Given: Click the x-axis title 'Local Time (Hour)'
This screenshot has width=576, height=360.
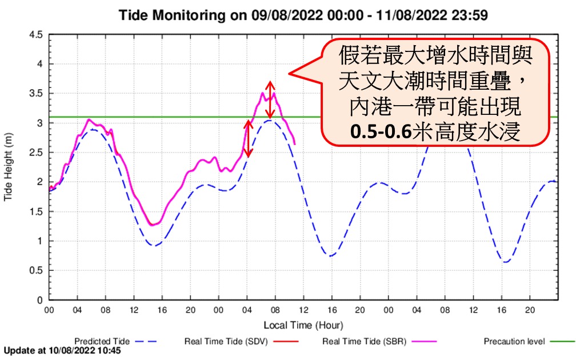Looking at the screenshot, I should coord(303,325).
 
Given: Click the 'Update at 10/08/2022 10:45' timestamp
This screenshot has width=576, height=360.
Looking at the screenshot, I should coord(62,350).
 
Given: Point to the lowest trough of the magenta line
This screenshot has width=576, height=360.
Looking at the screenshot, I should coord(152,225).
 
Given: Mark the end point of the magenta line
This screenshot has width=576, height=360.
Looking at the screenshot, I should coord(295,143).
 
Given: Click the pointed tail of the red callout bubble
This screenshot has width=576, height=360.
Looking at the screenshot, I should coord(290,73).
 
